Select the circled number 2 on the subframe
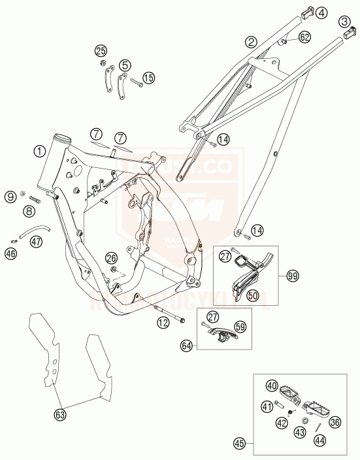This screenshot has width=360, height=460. pos(250,42)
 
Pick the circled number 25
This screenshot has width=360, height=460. pos(100,50)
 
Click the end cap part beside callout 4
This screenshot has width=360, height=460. pos(306,13)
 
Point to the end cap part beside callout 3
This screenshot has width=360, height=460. pos(348,33)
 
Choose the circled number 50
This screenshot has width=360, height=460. pos(253,296)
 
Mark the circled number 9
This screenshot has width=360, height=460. pos(11,195)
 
